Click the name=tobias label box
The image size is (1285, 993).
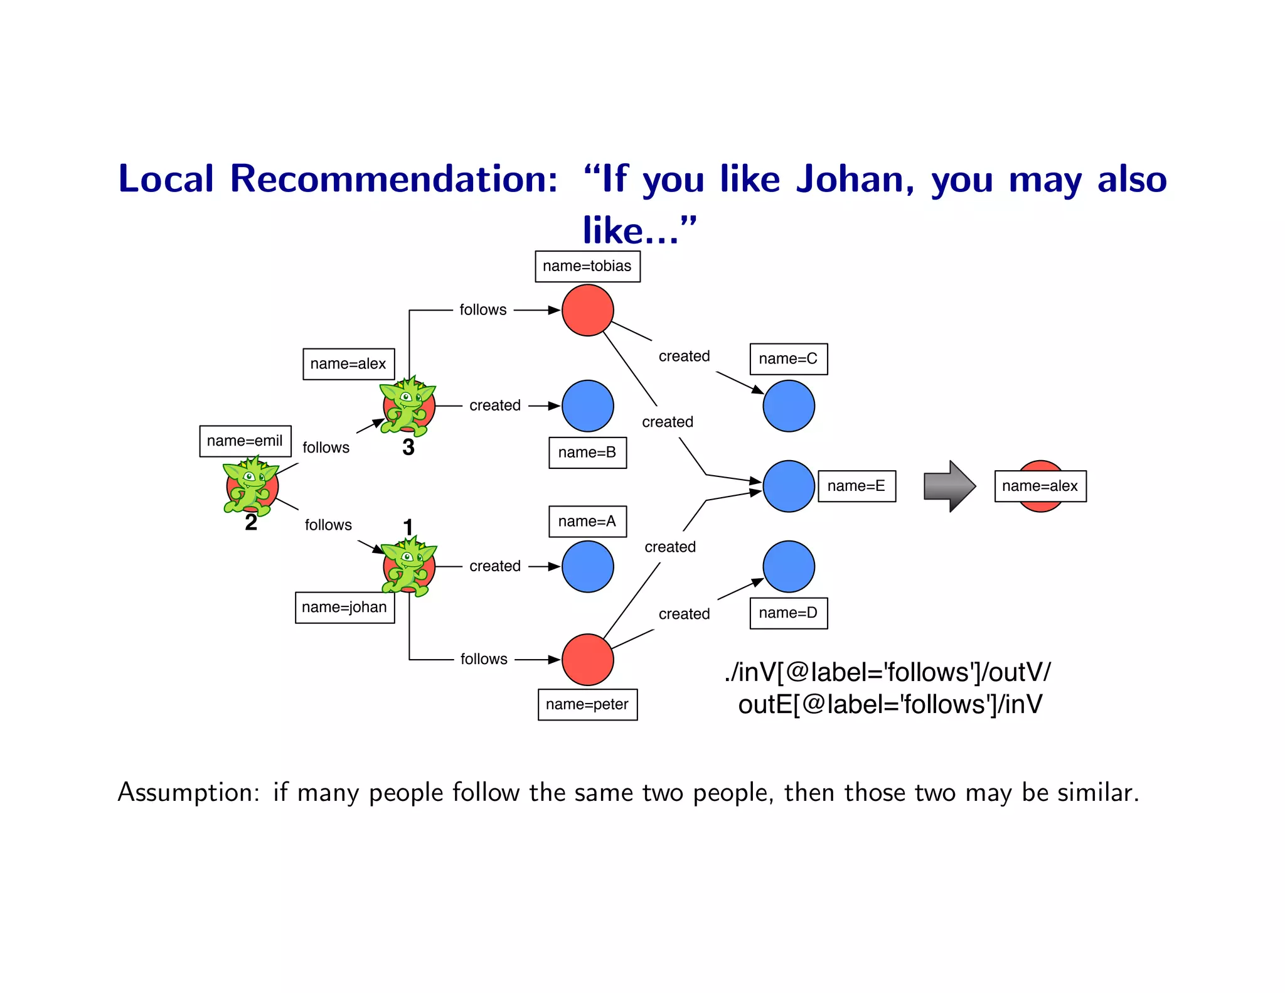click(587, 266)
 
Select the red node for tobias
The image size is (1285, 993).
click(587, 310)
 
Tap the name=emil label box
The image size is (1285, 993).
click(245, 441)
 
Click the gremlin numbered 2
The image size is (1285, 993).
click(251, 486)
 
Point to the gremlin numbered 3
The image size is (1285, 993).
click(408, 406)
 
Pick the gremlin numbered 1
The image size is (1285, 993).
click(408, 566)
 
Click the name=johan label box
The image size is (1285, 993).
click(344, 607)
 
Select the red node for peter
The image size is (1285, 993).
click(587, 659)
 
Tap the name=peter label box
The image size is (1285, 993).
click(587, 704)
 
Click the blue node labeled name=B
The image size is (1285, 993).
click(587, 406)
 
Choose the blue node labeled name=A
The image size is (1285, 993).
click(587, 566)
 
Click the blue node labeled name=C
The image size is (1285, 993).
click(789, 406)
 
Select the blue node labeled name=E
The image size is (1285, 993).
click(789, 486)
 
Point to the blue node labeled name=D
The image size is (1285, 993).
click(789, 566)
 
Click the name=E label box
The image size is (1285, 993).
click(856, 486)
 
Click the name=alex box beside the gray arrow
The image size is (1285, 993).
click(1040, 486)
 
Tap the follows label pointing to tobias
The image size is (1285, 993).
click(483, 309)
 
